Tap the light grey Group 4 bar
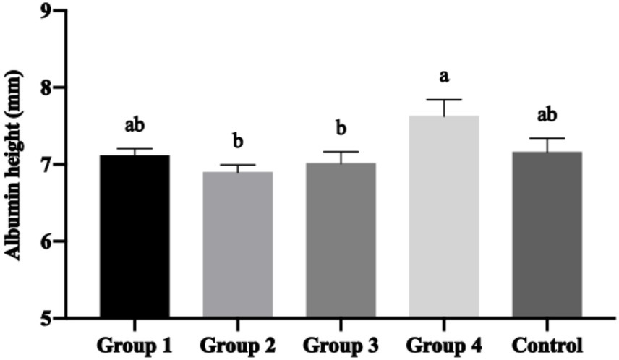point(443,216)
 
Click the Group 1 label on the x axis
point(135,343)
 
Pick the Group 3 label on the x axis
point(340,343)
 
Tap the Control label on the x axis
point(547,343)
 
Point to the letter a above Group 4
point(443,75)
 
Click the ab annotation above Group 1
point(135,124)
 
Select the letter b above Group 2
point(237,139)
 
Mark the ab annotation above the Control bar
point(547,114)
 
